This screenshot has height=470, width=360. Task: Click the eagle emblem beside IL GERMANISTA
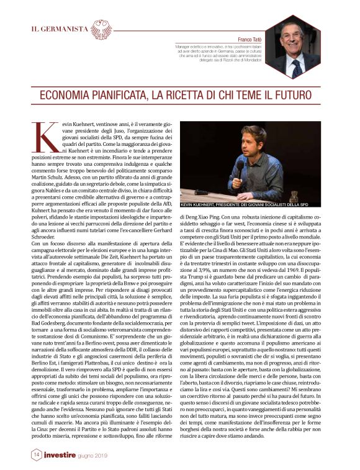point(102,29)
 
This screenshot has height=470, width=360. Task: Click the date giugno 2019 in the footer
point(92,455)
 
